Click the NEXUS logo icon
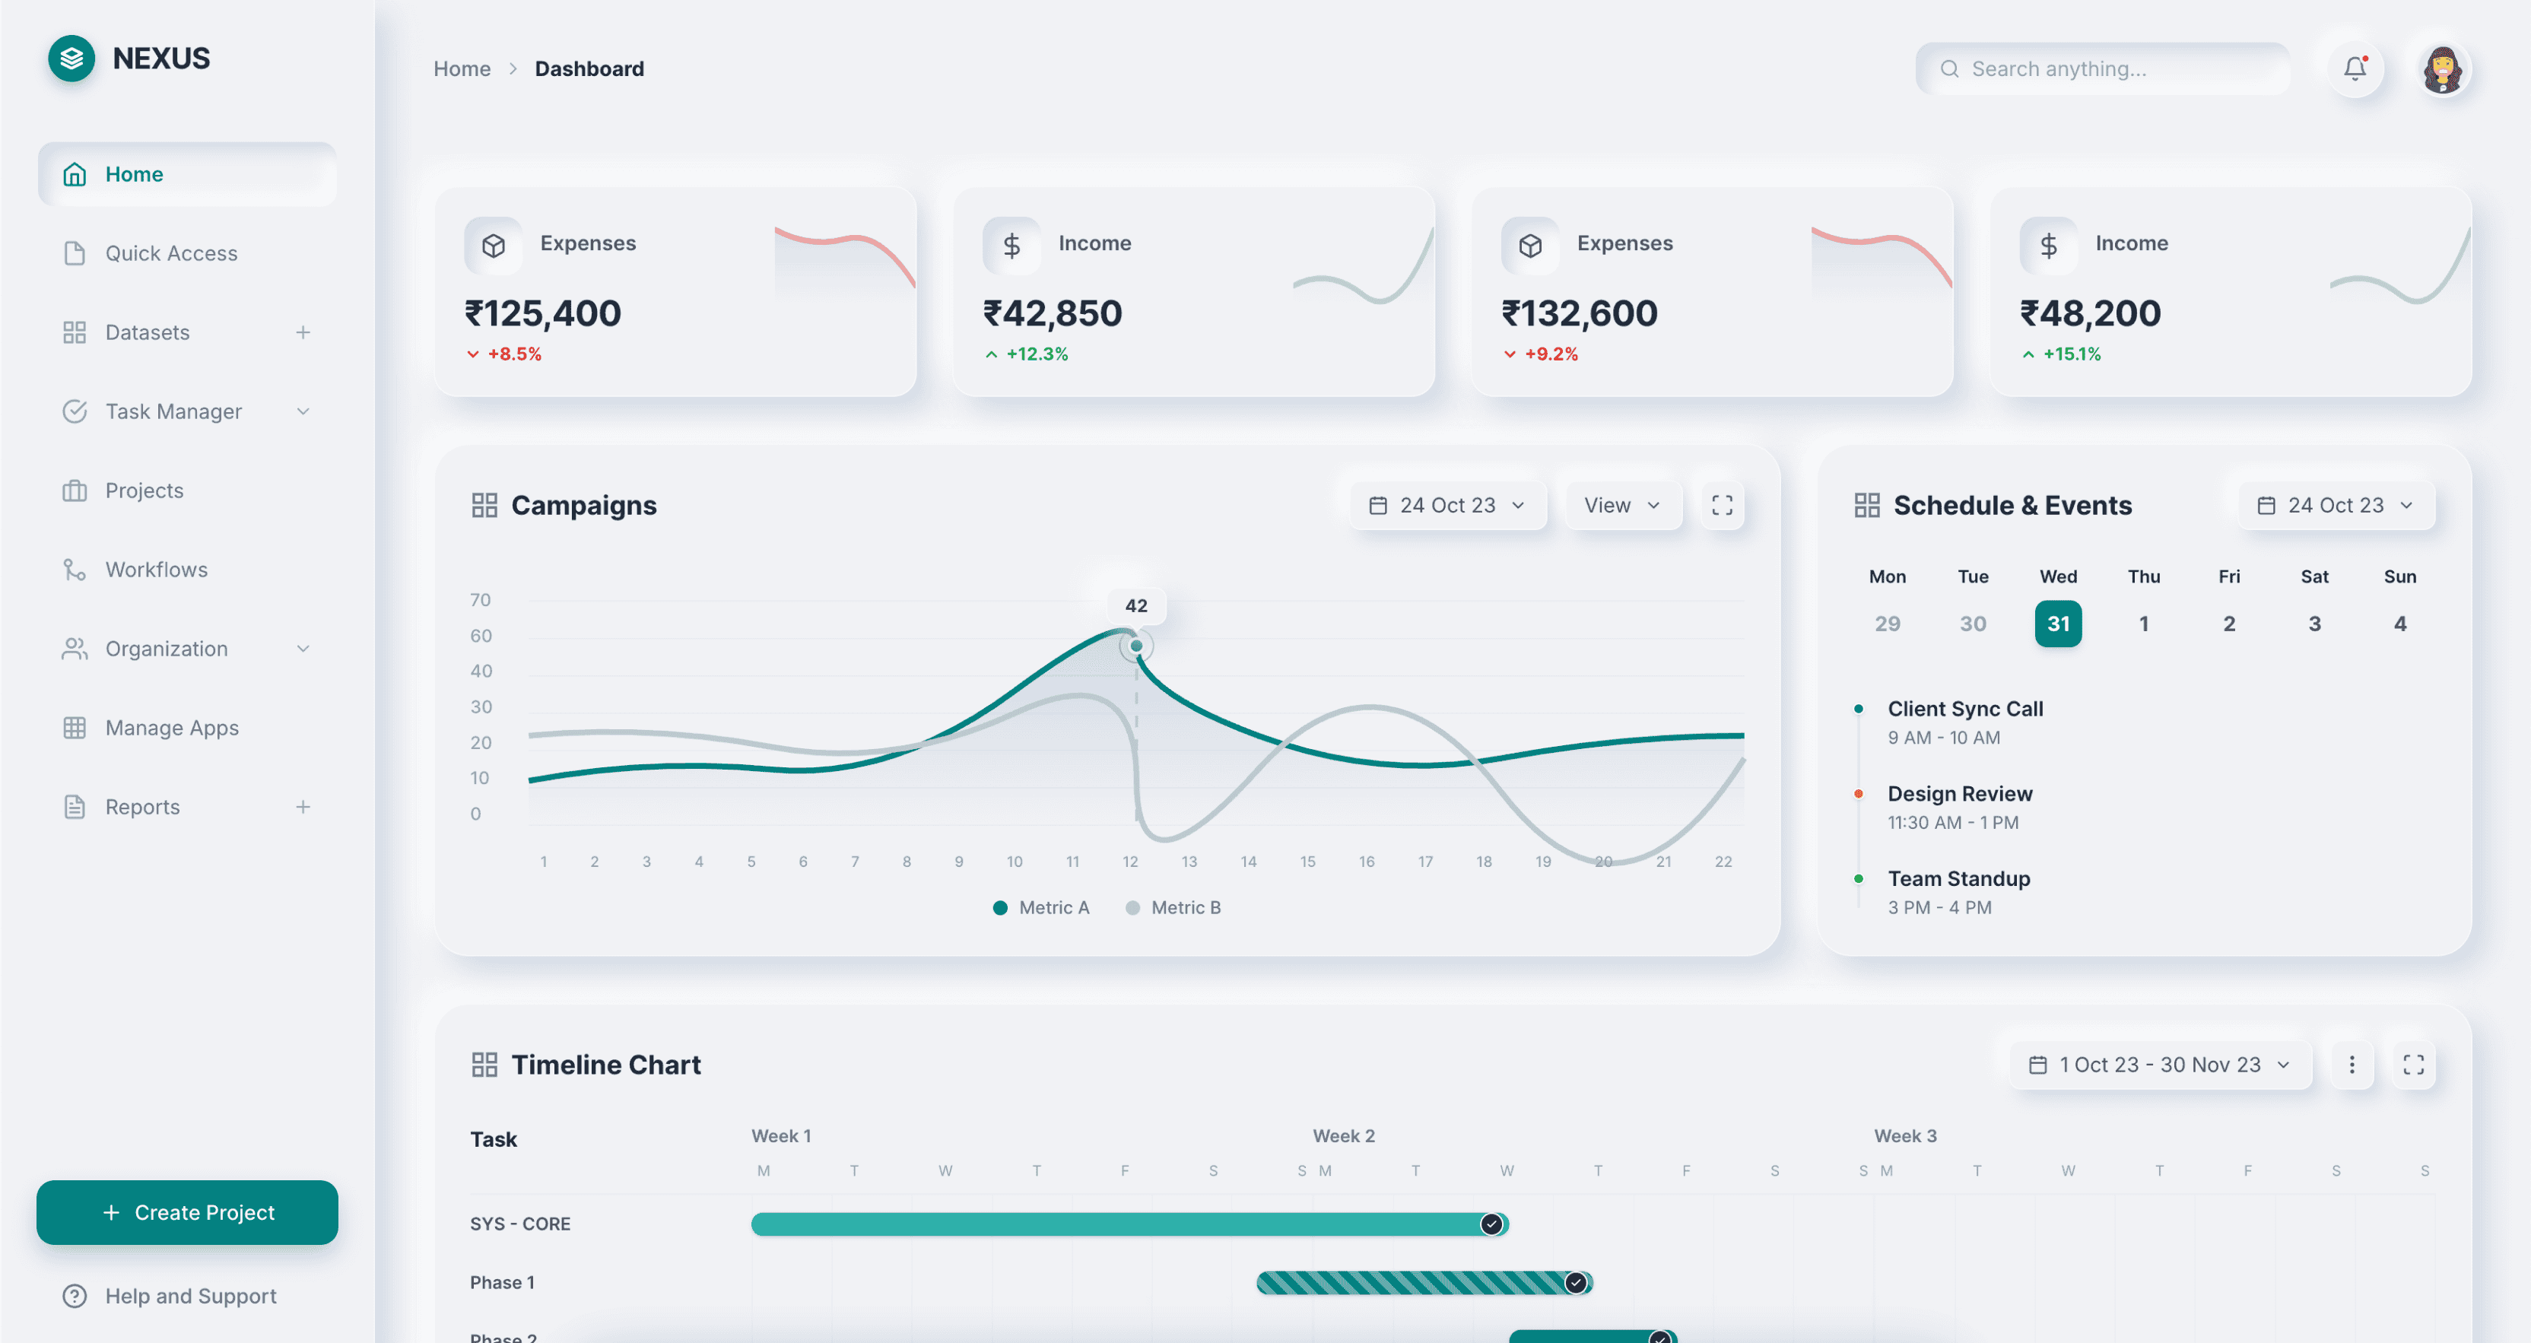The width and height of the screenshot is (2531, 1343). (71, 59)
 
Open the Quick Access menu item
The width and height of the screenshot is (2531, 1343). (171, 253)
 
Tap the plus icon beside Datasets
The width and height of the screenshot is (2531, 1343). (303, 333)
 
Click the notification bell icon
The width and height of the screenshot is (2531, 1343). (2355, 68)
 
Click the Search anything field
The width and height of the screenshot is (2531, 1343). (2103, 68)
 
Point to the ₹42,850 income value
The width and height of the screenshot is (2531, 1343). (1053, 313)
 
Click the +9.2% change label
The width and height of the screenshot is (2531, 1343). (1551, 354)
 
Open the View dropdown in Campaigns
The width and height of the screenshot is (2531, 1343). (1622, 505)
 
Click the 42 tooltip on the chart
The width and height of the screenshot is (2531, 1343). (1135, 606)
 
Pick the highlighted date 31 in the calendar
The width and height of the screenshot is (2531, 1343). (2057, 624)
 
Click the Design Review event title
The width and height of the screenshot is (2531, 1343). (1959, 794)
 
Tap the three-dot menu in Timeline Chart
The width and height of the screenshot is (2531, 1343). (2352, 1065)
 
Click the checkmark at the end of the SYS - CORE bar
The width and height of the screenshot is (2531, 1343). (1491, 1224)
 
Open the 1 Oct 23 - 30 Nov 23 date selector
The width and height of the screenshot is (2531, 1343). (2160, 1065)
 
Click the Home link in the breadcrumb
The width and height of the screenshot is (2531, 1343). (462, 68)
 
